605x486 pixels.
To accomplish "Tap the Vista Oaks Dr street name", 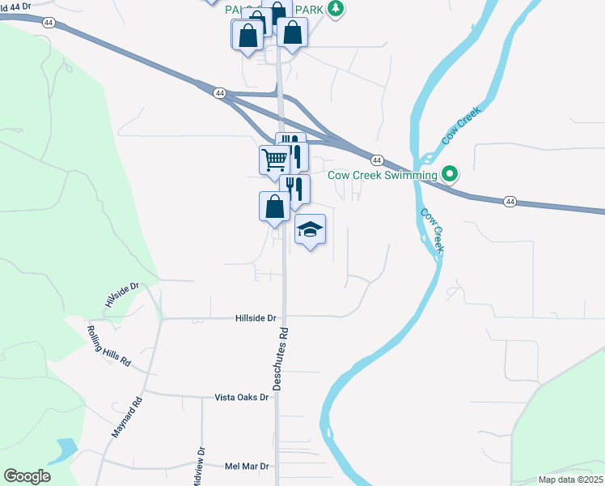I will (x=241, y=398).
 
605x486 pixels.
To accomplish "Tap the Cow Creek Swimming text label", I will (x=382, y=174).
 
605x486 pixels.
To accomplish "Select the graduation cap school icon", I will (x=310, y=230).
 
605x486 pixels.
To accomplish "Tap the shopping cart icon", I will (x=273, y=160).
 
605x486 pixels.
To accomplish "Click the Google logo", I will (x=27, y=476).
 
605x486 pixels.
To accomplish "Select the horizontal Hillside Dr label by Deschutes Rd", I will (x=256, y=318).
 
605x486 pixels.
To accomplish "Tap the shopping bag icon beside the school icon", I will (x=274, y=206).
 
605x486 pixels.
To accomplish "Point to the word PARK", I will (x=310, y=10).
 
